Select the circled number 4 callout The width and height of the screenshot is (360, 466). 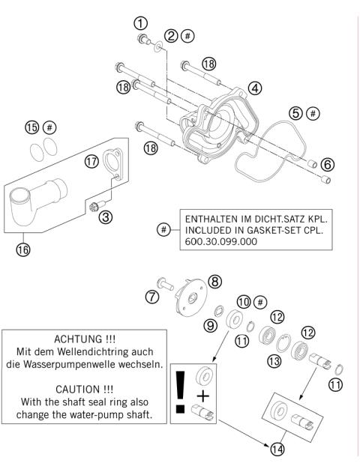click(x=255, y=88)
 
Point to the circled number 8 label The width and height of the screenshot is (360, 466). click(x=215, y=282)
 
